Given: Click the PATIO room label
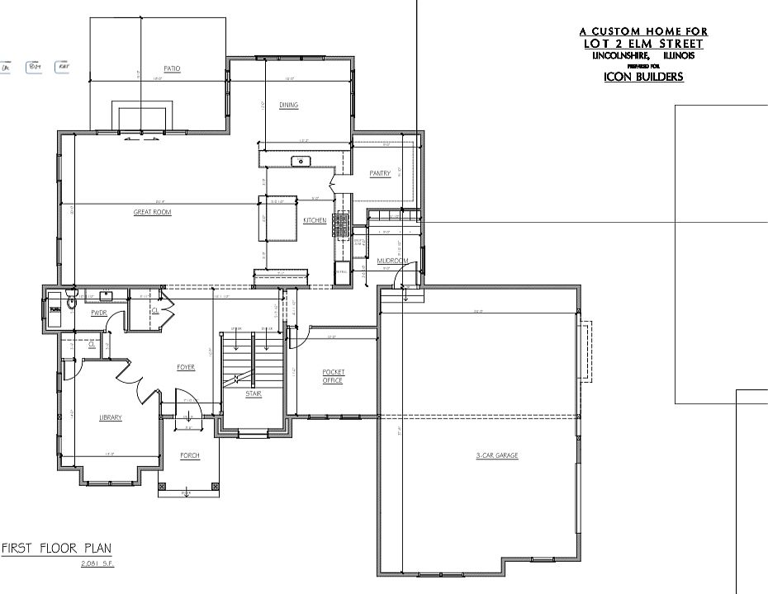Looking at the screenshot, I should click(x=171, y=68).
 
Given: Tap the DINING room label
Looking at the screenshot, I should click(x=288, y=106).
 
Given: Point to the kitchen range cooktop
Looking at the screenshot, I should click(x=341, y=224).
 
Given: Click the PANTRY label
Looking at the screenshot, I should click(x=380, y=173).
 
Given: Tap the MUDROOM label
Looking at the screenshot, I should click(x=392, y=262).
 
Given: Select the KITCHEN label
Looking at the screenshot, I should click(x=315, y=221).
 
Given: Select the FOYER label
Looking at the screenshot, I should click(x=186, y=367).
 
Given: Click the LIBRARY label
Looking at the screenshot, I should click(x=110, y=417).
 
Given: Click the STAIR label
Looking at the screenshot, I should click(x=254, y=394).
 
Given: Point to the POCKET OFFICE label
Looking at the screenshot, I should click(x=333, y=376).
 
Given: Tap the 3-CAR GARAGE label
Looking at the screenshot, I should click(x=496, y=455).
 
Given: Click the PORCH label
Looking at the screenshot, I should click(x=190, y=455).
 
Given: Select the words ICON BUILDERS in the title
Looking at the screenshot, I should click(x=643, y=78).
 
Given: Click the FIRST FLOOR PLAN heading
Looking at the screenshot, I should click(x=56, y=549).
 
